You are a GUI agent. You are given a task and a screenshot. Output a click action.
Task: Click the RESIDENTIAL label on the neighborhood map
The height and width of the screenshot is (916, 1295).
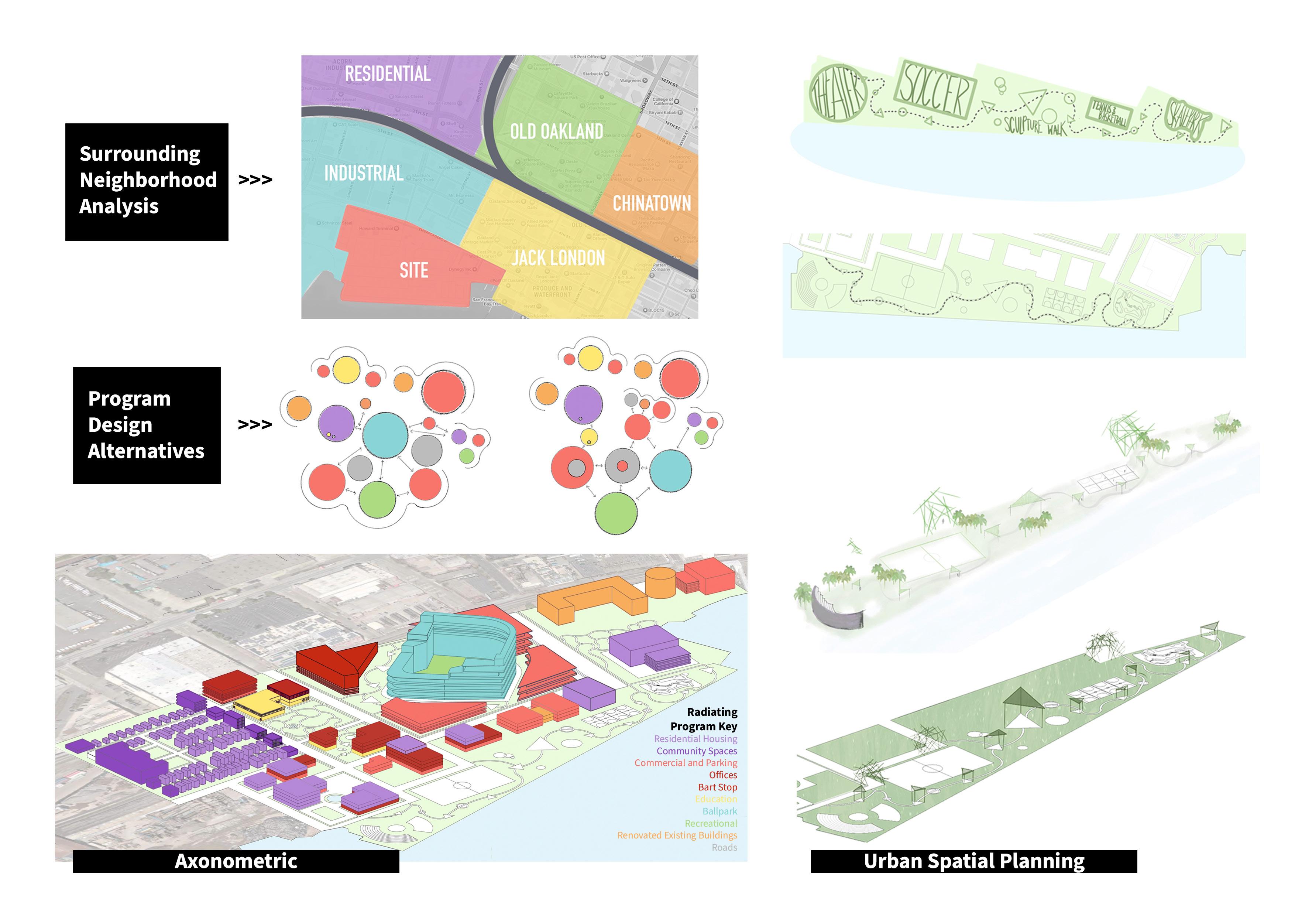pyautogui.click(x=388, y=74)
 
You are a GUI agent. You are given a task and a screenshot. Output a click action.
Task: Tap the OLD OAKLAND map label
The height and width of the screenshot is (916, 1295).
pyautogui.click(x=556, y=131)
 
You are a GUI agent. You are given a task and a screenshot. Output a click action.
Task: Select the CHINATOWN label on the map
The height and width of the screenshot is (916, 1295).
pyautogui.click(x=652, y=203)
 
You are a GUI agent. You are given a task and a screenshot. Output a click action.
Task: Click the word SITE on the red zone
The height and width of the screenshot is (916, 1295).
pyautogui.click(x=414, y=270)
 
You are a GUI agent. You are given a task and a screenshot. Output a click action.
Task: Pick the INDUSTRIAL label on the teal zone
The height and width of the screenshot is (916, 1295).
pyautogui.click(x=364, y=173)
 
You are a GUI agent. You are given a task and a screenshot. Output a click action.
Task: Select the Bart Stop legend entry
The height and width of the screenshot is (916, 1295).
pyautogui.click(x=717, y=787)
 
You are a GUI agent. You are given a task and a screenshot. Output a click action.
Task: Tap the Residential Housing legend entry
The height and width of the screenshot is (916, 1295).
pyautogui.click(x=695, y=739)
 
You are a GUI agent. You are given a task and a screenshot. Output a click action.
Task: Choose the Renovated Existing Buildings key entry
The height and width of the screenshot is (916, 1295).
pyautogui.click(x=677, y=835)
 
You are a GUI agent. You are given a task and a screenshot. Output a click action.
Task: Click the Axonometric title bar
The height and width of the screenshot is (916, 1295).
pyautogui.click(x=236, y=861)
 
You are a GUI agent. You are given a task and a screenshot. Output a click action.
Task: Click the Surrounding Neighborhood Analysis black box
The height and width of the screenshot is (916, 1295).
pyautogui.click(x=147, y=182)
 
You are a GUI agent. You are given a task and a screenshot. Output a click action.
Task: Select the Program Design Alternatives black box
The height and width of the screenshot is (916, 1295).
pyautogui.click(x=147, y=425)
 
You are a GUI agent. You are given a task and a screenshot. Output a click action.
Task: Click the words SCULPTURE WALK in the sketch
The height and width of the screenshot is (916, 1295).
pyautogui.click(x=1035, y=125)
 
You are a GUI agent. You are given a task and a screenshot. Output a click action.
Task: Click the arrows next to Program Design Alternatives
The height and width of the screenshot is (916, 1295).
pyautogui.click(x=255, y=424)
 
